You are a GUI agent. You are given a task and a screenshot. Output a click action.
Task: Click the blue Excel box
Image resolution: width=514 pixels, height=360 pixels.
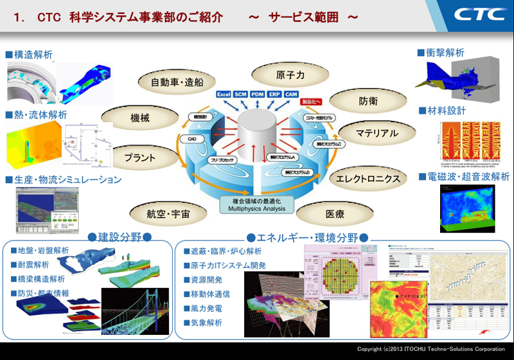(x=224, y=94)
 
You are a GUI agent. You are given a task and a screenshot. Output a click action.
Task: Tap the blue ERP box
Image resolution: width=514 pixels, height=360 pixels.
(x=275, y=94)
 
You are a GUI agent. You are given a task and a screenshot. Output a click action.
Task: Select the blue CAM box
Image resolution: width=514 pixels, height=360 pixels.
(x=292, y=94)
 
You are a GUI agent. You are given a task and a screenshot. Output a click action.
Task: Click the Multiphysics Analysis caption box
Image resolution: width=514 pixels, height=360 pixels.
(x=256, y=205)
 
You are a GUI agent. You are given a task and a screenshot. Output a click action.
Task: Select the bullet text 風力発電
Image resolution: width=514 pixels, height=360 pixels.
(x=206, y=309)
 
